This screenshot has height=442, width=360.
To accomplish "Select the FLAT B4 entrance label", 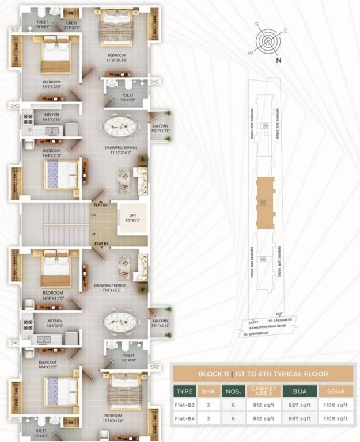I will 101,204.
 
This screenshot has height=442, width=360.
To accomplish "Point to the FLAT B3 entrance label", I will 101,243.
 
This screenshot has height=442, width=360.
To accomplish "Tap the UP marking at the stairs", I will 93,234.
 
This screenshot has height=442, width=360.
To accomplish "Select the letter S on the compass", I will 259,25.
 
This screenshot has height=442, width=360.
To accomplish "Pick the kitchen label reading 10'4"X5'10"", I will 52,117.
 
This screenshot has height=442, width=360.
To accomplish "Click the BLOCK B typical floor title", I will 263,374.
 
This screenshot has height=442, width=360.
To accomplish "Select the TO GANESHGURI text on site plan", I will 256,334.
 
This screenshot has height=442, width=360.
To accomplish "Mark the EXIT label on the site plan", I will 279,314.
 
